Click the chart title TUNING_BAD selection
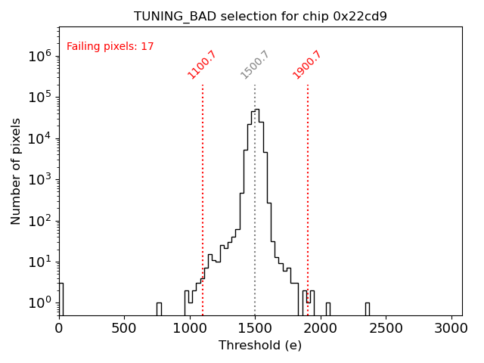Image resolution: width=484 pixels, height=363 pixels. pos(260,16)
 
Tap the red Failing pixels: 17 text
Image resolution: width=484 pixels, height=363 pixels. pos(110,47)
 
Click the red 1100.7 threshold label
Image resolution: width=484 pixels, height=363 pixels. pos(202,64)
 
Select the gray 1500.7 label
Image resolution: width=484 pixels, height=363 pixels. pos(255,64)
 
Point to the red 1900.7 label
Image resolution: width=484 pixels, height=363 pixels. pos(307,64)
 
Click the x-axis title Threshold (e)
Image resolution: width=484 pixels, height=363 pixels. pos(260,346)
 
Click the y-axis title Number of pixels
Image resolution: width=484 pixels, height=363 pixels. pos(16,171)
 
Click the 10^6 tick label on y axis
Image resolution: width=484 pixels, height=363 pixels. pos(39,56)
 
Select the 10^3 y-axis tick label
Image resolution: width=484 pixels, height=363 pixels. pos(39,179)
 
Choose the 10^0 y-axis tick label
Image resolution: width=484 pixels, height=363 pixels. pos(39,302)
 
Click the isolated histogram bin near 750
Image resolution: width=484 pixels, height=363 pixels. pos(159,309)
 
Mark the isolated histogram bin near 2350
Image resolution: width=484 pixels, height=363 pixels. pos(367,309)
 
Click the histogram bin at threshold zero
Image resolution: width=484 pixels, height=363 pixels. pos(60,299)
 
